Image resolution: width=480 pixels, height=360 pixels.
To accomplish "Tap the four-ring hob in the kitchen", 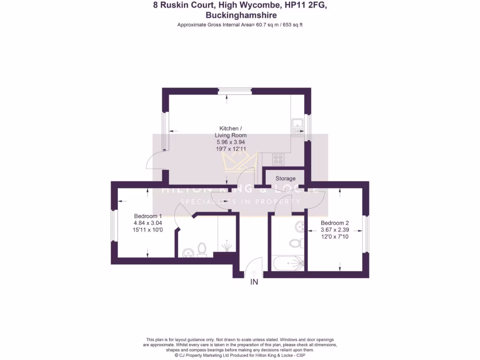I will coord(278,159).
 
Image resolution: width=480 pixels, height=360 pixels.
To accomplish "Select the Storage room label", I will coord(285,179).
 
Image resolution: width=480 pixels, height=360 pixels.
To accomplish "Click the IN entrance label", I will coord(254,282).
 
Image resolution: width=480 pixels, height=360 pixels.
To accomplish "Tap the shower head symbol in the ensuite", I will coord(226,246).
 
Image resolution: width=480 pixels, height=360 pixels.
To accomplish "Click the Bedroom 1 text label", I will coord(148,216).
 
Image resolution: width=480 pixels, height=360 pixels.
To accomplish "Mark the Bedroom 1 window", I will coord(113,226).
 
